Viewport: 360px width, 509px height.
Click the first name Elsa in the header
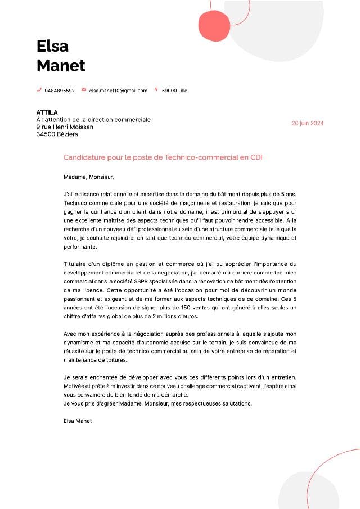coord(52,46)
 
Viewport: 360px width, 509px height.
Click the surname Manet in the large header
coord(61,66)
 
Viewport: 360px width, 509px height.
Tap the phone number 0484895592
coord(60,90)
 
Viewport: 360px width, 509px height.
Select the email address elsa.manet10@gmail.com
coord(118,90)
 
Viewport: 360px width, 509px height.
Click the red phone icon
coord(39,89)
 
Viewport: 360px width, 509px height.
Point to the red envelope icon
coord(84,89)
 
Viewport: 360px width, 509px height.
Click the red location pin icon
coord(156,89)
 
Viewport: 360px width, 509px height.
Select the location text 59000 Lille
coord(174,90)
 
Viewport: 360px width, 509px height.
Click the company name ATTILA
coord(47,112)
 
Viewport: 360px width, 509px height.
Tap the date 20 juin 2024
coord(308,124)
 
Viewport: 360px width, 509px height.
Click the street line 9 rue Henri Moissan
coord(65,127)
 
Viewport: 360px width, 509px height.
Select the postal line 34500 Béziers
coord(57,134)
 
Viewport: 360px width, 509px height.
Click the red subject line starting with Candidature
coord(163,157)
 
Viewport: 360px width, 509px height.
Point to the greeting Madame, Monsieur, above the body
coord(88,177)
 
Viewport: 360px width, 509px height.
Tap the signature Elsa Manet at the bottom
coord(78,421)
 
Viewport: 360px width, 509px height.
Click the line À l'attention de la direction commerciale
coord(93,120)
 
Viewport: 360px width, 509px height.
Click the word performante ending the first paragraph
coord(80,247)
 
